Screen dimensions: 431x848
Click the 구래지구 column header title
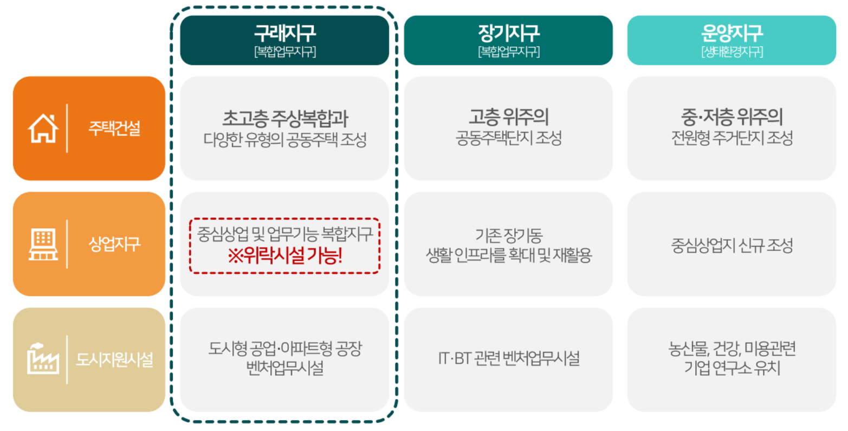(284, 34)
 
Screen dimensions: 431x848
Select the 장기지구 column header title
(508, 34)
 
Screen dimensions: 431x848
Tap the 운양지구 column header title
(732, 34)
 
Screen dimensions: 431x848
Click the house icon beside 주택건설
(43, 128)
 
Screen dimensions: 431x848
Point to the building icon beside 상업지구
(43, 245)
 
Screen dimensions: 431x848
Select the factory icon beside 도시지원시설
(43, 359)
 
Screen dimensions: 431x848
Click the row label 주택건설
(114, 128)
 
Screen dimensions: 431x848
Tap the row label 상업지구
(114, 244)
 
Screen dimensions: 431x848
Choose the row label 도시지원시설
(114, 359)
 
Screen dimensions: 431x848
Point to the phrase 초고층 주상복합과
(284, 118)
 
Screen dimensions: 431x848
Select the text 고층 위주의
(508, 116)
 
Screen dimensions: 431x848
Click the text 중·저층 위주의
(732, 116)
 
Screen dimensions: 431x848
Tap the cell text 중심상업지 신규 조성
(732, 245)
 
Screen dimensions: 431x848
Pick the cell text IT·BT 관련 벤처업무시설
(508, 358)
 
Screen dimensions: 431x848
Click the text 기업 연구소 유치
(732, 369)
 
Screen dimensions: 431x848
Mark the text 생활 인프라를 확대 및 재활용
(508, 255)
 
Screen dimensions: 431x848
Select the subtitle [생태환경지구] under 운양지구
(732, 52)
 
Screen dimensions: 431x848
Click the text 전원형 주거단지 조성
(732, 138)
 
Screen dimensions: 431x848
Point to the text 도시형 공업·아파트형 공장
(284, 348)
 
